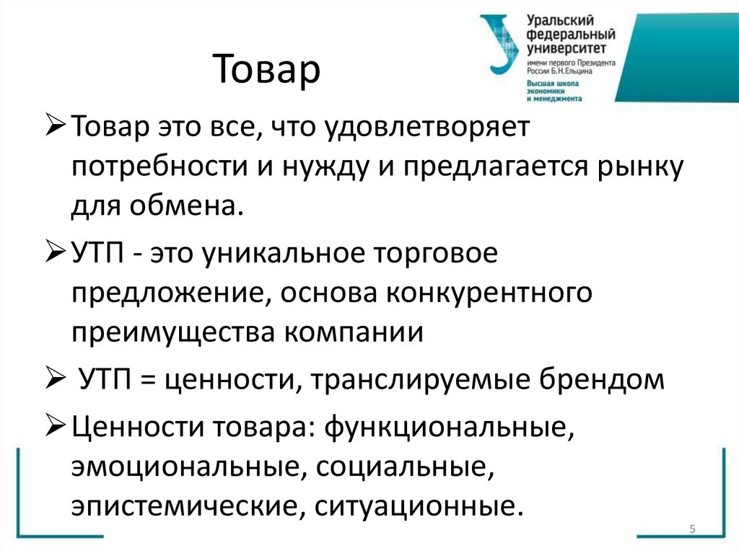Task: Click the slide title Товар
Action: click(x=266, y=71)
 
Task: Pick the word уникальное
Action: click(x=285, y=255)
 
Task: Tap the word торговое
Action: click(x=437, y=255)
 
